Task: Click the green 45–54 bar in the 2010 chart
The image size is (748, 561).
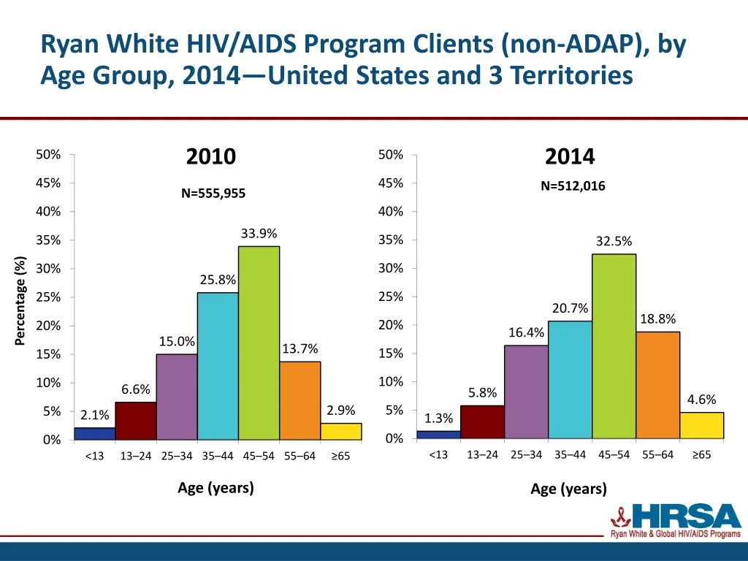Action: click(x=259, y=343)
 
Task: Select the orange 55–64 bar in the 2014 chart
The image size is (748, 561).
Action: click(x=657, y=385)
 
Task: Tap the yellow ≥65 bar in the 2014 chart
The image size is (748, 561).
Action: click(x=701, y=425)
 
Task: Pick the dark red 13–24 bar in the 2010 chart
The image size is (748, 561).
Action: click(x=135, y=421)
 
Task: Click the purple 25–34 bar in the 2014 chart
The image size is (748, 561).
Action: click(x=526, y=392)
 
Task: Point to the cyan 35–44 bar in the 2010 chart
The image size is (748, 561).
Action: click(x=218, y=366)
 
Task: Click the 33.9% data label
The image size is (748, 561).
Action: click(x=259, y=234)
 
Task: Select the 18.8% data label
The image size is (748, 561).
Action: click(x=657, y=319)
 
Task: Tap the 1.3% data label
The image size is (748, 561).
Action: click(x=438, y=419)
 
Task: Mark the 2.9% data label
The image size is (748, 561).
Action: click(x=340, y=411)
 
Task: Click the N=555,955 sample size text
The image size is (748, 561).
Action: click(x=213, y=194)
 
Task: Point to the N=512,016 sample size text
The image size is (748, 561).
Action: click(x=573, y=186)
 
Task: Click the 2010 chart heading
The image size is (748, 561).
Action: click(x=211, y=156)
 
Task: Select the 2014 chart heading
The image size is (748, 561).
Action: click(x=570, y=156)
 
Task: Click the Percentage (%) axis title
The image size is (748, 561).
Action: click(x=20, y=300)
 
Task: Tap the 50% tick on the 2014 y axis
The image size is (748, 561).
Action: click(x=391, y=155)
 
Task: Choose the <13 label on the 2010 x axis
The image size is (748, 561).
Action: click(x=94, y=457)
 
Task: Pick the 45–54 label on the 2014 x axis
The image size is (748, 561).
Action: click(x=614, y=455)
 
